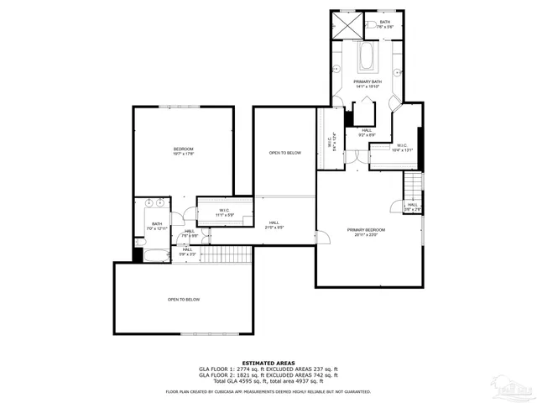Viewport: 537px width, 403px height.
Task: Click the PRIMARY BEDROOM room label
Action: (x=367, y=232)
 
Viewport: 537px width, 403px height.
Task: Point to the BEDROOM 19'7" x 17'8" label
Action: (x=183, y=151)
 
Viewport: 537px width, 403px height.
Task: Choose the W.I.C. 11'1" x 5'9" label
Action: (x=225, y=212)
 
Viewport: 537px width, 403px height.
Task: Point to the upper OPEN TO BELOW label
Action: (x=285, y=153)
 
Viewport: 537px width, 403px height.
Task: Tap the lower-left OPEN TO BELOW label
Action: (x=183, y=300)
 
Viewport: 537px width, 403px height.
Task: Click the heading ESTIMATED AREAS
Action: (x=268, y=363)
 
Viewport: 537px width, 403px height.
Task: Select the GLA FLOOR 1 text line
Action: (x=268, y=369)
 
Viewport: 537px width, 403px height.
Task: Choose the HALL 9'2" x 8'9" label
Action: (x=367, y=132)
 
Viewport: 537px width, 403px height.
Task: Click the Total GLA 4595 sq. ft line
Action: (x=268, y=381)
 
